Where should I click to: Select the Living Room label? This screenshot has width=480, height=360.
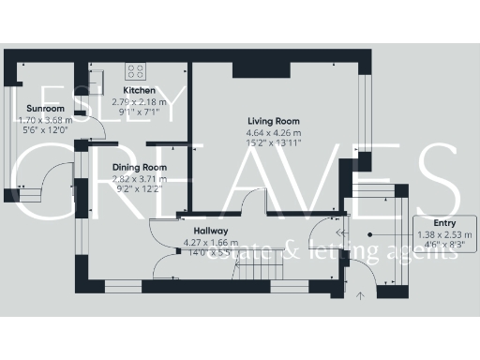(274, 121)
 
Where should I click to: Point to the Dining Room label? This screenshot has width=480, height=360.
(140, 167)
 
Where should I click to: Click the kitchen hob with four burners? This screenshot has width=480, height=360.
(137, 68)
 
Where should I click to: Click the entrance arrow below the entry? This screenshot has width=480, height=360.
(361, 295)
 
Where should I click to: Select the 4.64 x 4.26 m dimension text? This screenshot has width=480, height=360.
(274, 132)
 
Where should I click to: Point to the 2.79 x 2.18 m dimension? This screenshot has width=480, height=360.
(140, 101)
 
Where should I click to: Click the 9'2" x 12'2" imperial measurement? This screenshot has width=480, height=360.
(140, 188)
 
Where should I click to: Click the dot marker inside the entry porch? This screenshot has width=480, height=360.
(370, 232)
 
